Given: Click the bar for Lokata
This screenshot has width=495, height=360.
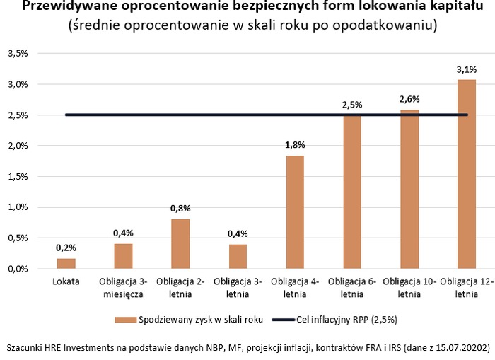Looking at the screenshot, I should coord(66,263).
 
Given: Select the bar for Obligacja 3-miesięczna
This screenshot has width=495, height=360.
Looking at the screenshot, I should coord(123,256).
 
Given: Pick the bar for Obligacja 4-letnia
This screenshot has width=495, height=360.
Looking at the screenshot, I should coord(295,212).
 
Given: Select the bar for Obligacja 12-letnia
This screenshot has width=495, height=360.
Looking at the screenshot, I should coord(467,174).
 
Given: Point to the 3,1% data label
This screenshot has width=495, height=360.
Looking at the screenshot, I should coord(467,69).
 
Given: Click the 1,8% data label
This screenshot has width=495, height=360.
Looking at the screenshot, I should coord(295,145).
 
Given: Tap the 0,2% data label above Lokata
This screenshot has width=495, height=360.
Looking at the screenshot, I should coord(66,248).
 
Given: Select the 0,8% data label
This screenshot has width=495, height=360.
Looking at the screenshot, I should coord(180,208).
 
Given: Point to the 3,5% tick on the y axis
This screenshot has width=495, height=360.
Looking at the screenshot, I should coord(18,54).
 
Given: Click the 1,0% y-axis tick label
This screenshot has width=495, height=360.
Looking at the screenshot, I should coord(18,207).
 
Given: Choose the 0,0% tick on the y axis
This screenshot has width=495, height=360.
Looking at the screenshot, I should coord(18,269).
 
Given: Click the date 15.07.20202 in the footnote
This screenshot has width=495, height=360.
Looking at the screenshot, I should coord(460,348).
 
